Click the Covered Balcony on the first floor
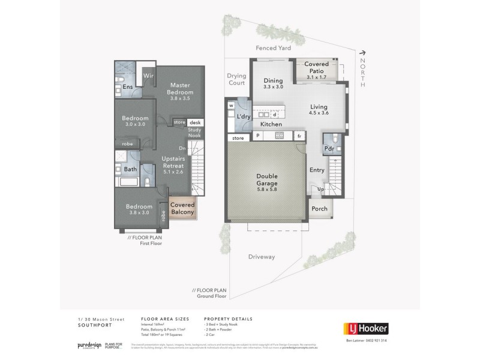pyautogui.click(x=182, y=208)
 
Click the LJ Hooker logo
pyautogui.click(x=365, y=328)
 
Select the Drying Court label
pyautogui.click(x=237, y=79)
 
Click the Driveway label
pyautogui.click(x=262, y=257)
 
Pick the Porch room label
pyautogui.click(x=319, y=209)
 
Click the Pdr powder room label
pyautogui.click(x=329, y=148)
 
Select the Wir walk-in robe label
pyautogui.click(x=148, y=76)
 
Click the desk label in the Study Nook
pyautogui.click(x=195, y=122)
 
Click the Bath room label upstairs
pyautogui.click(x=130, y=169)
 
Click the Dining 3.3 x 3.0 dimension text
pyautogui.click(x=274, y=87)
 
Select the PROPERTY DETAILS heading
pyautogui.click(x=228, y=319)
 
